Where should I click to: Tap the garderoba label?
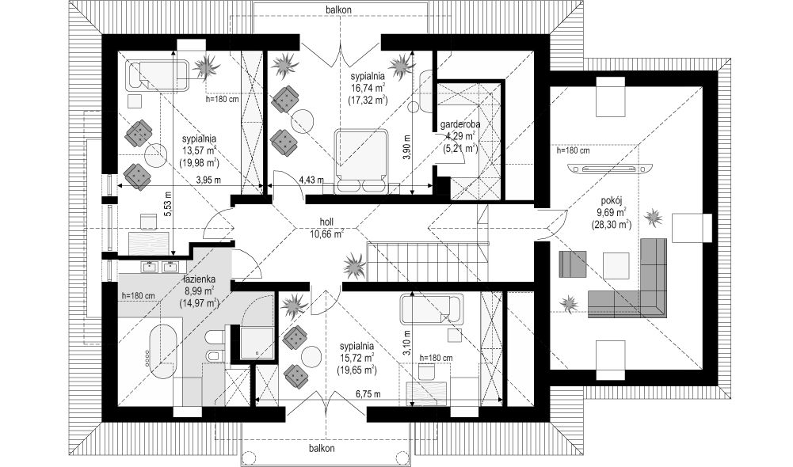pos(459,123)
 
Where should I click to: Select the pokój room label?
pos(611,199)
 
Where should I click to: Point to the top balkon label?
pos(339,9)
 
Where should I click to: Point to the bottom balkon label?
pos(322,448)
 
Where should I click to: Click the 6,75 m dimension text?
pos(368,394)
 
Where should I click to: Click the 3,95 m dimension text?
pos(208,179)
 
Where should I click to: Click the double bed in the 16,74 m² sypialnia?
pos(361,161)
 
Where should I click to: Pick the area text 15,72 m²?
pos(356,358)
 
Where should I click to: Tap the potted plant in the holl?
pos(355,265)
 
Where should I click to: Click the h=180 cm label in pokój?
pos(573,150)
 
